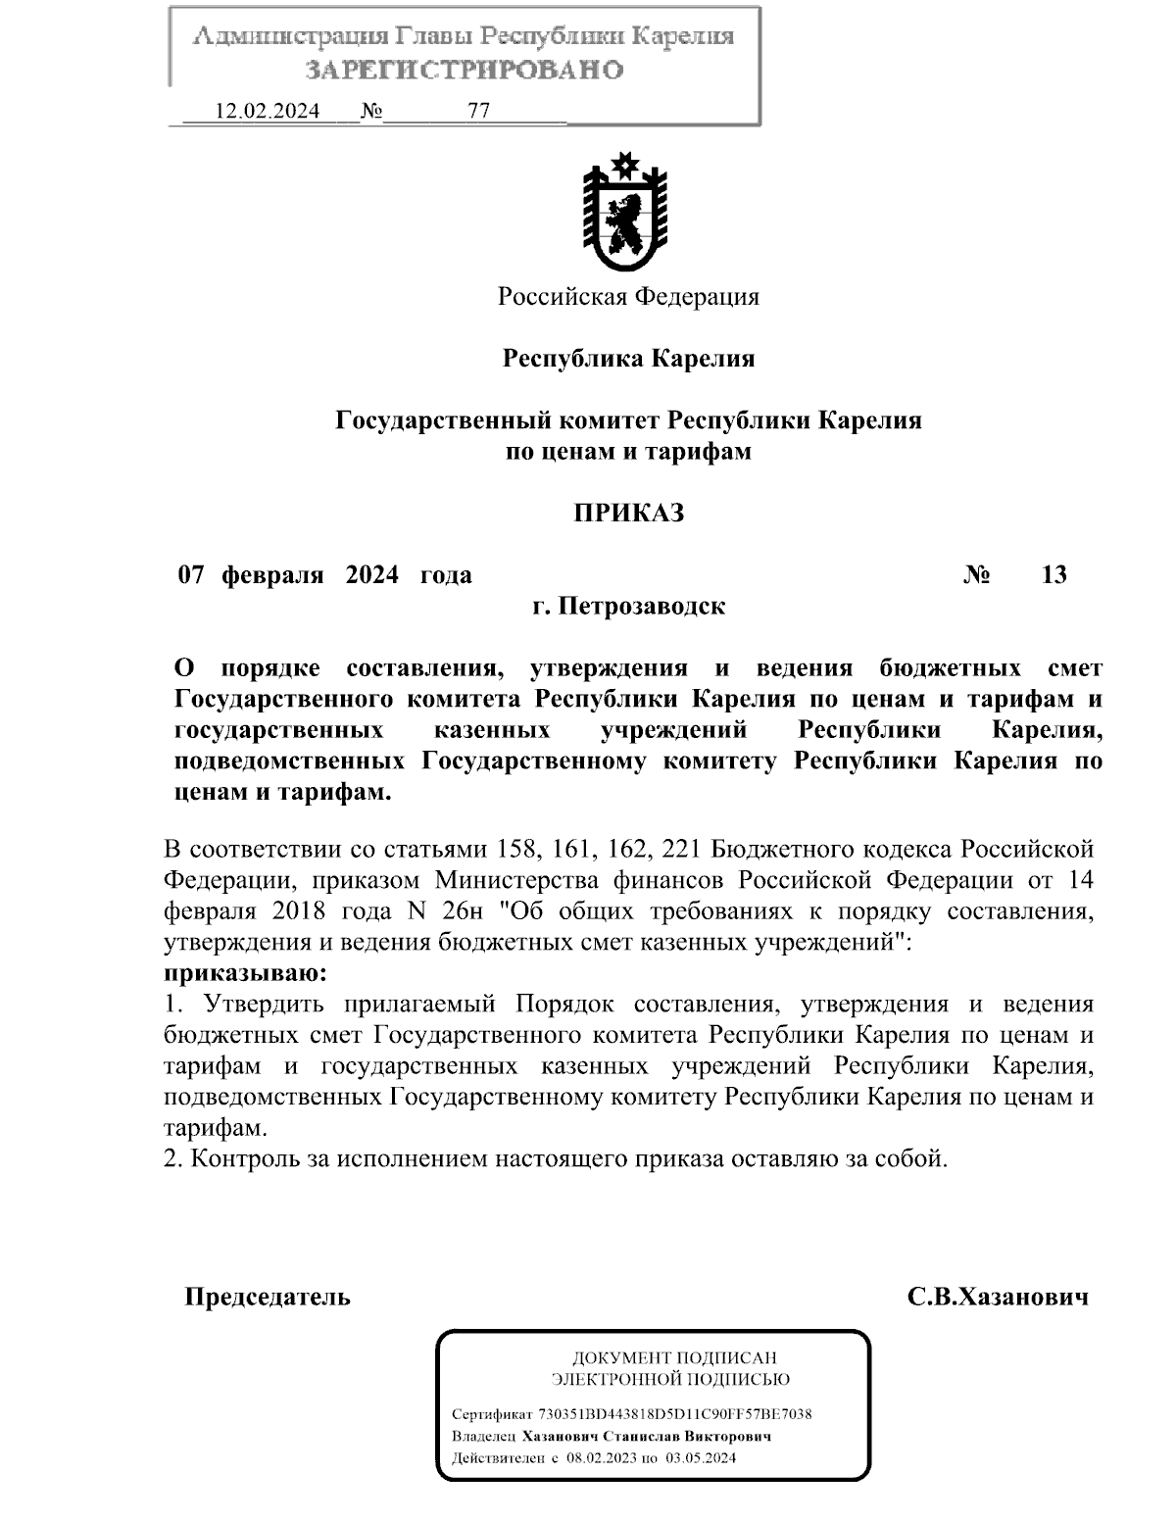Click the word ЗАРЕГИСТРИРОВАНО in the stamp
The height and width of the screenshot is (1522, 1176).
coord(465,71)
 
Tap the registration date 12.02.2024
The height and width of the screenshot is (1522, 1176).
coord(267,111)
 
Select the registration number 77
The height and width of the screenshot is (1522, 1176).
coord(479,111)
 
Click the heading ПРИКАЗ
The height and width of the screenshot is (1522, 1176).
coord(628,513)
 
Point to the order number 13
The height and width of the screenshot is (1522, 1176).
coord(1053,574)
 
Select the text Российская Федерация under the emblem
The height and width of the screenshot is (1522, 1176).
coord(628,296)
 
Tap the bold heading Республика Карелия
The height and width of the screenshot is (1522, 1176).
coord(628,358)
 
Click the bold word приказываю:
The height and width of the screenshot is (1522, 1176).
coord(244,974)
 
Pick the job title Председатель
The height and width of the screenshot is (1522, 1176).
coord(268,1298)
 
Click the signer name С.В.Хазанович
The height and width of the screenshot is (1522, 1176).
coord(998,1298)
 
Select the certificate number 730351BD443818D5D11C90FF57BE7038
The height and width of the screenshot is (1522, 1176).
coord(675,1414)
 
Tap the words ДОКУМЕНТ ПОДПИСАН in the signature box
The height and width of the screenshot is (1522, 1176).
coord(673,1357)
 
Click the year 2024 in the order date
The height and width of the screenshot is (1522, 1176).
coord(371,574)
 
